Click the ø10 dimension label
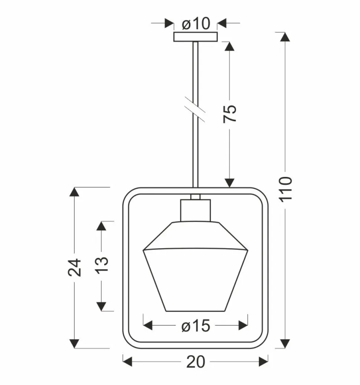point(196,24)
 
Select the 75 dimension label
point(230,114)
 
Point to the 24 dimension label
point(75,267)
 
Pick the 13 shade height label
point(101,265)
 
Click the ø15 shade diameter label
point(196,326)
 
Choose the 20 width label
point(196,362)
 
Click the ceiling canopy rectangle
point(196,37)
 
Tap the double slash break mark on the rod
point(194,109)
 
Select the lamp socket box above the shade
point(196,210)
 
